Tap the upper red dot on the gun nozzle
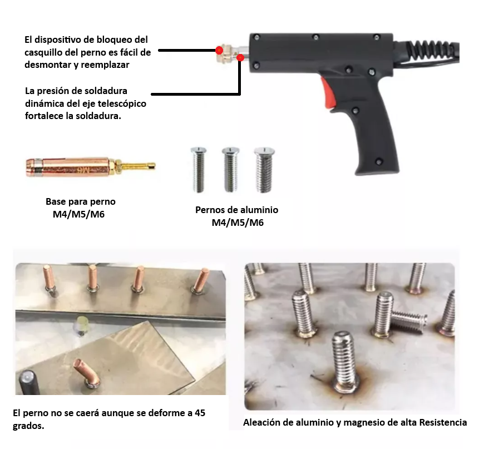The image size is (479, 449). [x=219, y=51]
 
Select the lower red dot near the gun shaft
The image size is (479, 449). [x=240, y=57]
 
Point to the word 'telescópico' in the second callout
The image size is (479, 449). [x=123, y=103]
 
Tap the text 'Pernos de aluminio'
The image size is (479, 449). [x=236, y=210]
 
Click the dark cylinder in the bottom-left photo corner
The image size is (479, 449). [x=28, y=384]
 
